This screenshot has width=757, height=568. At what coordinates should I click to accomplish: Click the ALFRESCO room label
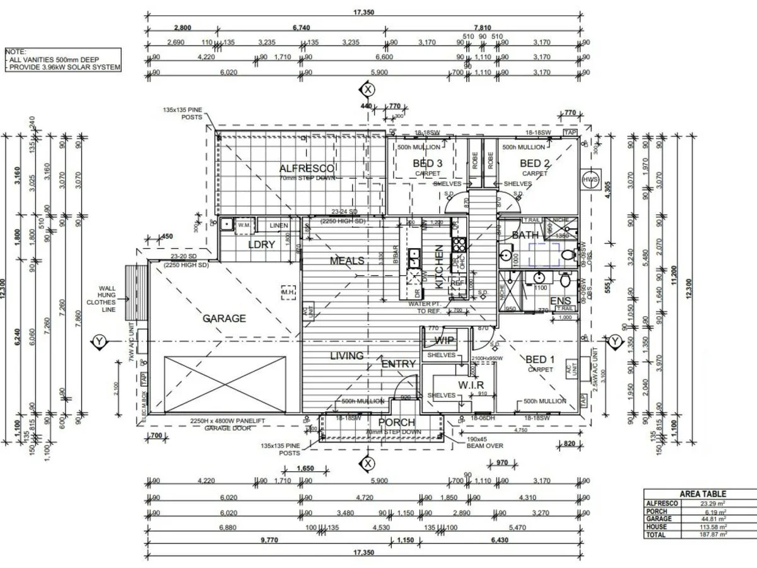click(x=307, y=168)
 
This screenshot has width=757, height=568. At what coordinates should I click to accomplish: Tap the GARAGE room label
click(x=224, y=318)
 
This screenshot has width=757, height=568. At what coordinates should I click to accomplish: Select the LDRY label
click(x=261, y=244)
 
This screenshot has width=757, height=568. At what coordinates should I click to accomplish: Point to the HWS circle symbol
click(x=590, y=179)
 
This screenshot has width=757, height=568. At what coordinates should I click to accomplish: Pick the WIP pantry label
click(x=445, y=340)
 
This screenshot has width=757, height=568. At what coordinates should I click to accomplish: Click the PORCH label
click(x=396, y=422)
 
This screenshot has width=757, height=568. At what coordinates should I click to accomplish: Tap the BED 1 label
click(x=541, y=360)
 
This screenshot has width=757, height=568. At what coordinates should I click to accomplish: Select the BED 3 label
click(x=427, y=163)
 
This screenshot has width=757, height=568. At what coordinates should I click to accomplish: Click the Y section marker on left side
click(x=99, y=341)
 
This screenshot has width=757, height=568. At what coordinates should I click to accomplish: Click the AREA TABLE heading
click(x=703, y=494)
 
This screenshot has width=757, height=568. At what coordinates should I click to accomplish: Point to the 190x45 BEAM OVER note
click(x=484, y=441)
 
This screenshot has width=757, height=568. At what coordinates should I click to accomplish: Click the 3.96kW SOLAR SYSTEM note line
click(x=63, y=67)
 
